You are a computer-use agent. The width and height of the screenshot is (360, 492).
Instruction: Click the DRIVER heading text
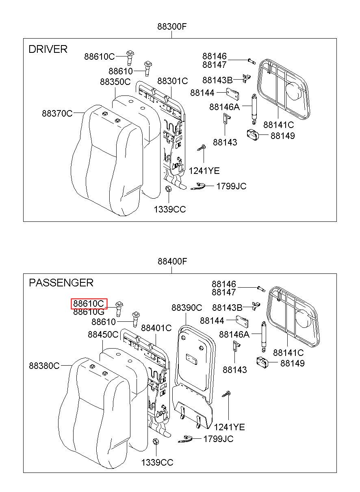pos(48,49)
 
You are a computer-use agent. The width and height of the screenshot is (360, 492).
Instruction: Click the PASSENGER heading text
pos(61,282)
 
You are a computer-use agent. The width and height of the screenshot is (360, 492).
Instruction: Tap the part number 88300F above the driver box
pos(172,26)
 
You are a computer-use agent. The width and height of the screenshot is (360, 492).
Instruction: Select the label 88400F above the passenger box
pos(172,261)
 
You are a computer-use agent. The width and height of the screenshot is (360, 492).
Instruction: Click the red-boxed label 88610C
pos(89,303)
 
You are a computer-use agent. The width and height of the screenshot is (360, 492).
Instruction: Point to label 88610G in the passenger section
pos(89,312)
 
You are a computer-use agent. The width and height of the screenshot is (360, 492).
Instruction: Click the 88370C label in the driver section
pos(57,114)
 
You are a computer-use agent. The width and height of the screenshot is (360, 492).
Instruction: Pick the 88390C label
pos(187,308)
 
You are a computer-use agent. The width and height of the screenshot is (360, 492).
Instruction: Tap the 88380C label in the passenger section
pos(44,366)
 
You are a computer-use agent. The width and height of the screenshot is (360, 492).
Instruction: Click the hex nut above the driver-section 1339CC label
pos(168,189)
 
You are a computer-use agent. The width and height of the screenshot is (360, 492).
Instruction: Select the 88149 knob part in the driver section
pos(253,134)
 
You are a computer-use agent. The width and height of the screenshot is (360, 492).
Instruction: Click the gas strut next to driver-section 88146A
pos(254,109)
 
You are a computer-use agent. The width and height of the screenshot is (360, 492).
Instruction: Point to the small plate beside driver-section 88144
pos(232,94)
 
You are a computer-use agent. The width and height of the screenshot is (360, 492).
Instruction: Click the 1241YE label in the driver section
pos(204,171)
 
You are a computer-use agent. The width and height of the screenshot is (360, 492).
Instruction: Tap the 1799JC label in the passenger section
pos(218,439)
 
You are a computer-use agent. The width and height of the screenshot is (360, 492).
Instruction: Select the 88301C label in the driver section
pos(173,81)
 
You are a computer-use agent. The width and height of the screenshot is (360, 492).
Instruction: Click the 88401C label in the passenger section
pos(156,328)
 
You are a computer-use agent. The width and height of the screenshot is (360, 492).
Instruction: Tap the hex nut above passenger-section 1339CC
pos(156,441)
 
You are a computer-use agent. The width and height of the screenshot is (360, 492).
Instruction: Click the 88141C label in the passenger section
pos(288,353)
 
